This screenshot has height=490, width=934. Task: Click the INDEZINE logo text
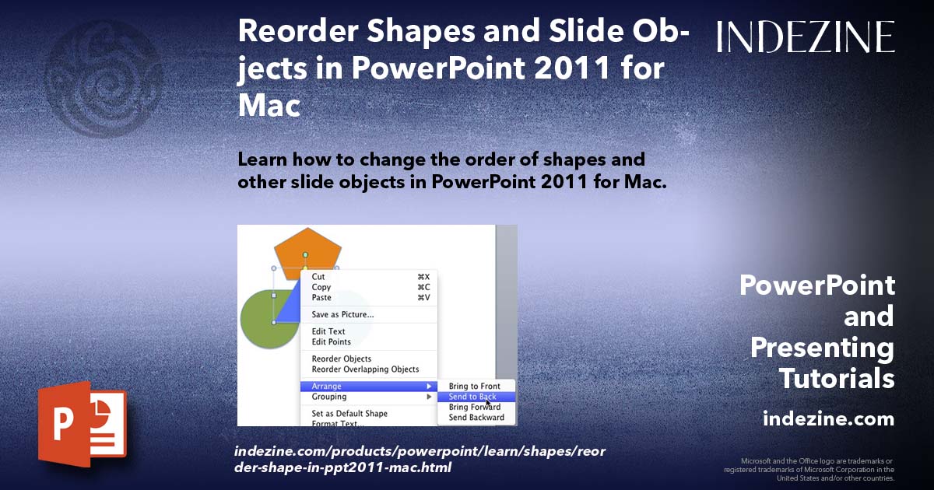pos(806,37)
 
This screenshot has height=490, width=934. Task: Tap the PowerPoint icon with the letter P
pos(81,424)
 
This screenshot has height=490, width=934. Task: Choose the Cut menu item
pos(319,277)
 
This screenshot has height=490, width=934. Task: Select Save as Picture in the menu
pos(342,315)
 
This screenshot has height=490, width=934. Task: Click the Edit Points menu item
pos(332,342)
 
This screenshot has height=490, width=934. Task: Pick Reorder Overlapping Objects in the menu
pos(365,369)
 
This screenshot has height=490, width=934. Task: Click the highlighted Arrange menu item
pos(327,387)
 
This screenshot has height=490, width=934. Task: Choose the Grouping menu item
pos(329,397)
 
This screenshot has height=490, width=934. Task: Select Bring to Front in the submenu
pos(475,387)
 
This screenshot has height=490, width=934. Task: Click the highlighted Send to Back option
pos(472,397)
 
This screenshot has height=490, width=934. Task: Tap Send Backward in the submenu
pos(476,418)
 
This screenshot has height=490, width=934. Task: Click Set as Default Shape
pos(349,414)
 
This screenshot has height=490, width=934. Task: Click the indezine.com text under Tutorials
pos(828,419)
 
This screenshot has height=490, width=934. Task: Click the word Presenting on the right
pos(822,348)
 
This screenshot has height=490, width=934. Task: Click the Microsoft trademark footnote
pos(809,470)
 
